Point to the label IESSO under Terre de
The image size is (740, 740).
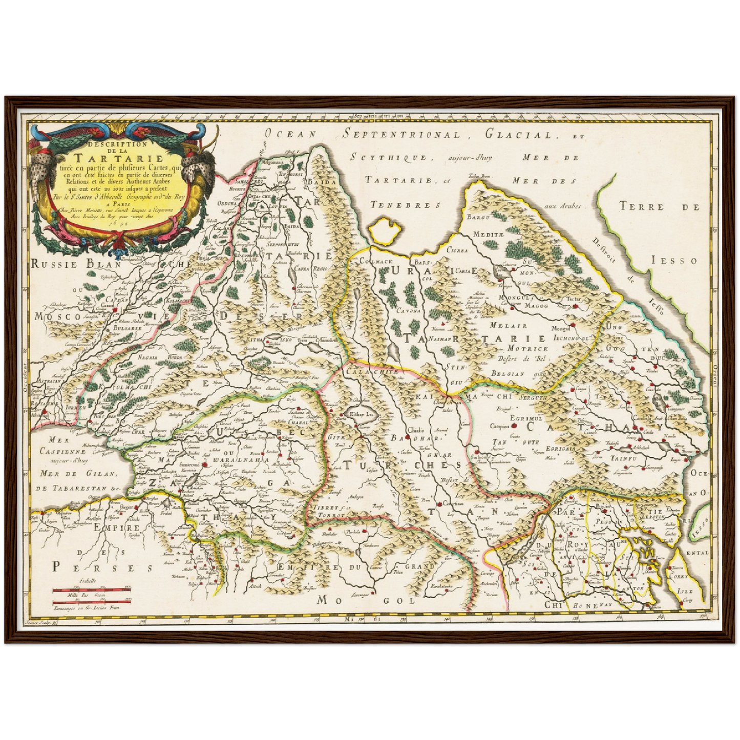click(674, 261)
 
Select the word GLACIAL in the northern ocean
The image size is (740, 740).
click(518, 135)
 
